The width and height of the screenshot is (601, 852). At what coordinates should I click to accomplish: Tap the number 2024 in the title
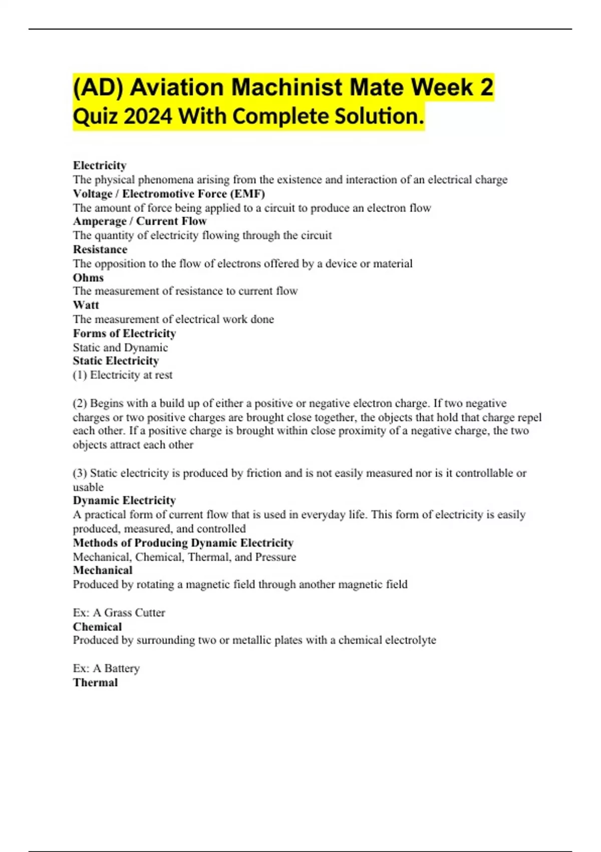click(148, 117)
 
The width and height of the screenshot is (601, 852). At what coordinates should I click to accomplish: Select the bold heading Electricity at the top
click(100, 165)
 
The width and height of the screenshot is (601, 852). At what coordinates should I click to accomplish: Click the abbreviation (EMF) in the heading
click(247, 193)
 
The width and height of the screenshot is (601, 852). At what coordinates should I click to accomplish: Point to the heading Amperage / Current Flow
click(140, 221)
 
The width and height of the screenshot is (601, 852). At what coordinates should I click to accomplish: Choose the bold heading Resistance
click(100, 249)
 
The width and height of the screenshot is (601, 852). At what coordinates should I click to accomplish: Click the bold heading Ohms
click(88, 277)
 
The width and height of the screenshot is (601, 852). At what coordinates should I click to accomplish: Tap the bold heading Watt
click(86, 305)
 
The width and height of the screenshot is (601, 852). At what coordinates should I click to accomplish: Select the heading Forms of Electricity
click(124, 333)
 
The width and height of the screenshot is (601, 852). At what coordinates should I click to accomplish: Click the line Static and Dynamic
click(120, 347)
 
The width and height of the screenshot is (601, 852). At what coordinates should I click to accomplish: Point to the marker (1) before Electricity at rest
click(80, 375)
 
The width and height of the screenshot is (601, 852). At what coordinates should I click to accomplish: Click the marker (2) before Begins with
click(80, 403)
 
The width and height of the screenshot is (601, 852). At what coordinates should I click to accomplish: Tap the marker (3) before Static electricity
click(80, 473)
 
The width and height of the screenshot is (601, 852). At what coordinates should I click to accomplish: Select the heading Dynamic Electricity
click(124, 500)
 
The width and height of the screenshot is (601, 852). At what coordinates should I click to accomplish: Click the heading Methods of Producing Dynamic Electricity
click(183, 543)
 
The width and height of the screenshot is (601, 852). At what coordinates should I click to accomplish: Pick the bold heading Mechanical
click(103, 570)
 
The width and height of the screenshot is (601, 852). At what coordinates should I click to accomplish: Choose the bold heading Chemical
click(97, 626)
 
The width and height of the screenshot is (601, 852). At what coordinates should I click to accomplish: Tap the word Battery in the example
click(122, 668)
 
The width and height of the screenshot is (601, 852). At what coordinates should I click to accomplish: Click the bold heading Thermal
click(95, 682)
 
